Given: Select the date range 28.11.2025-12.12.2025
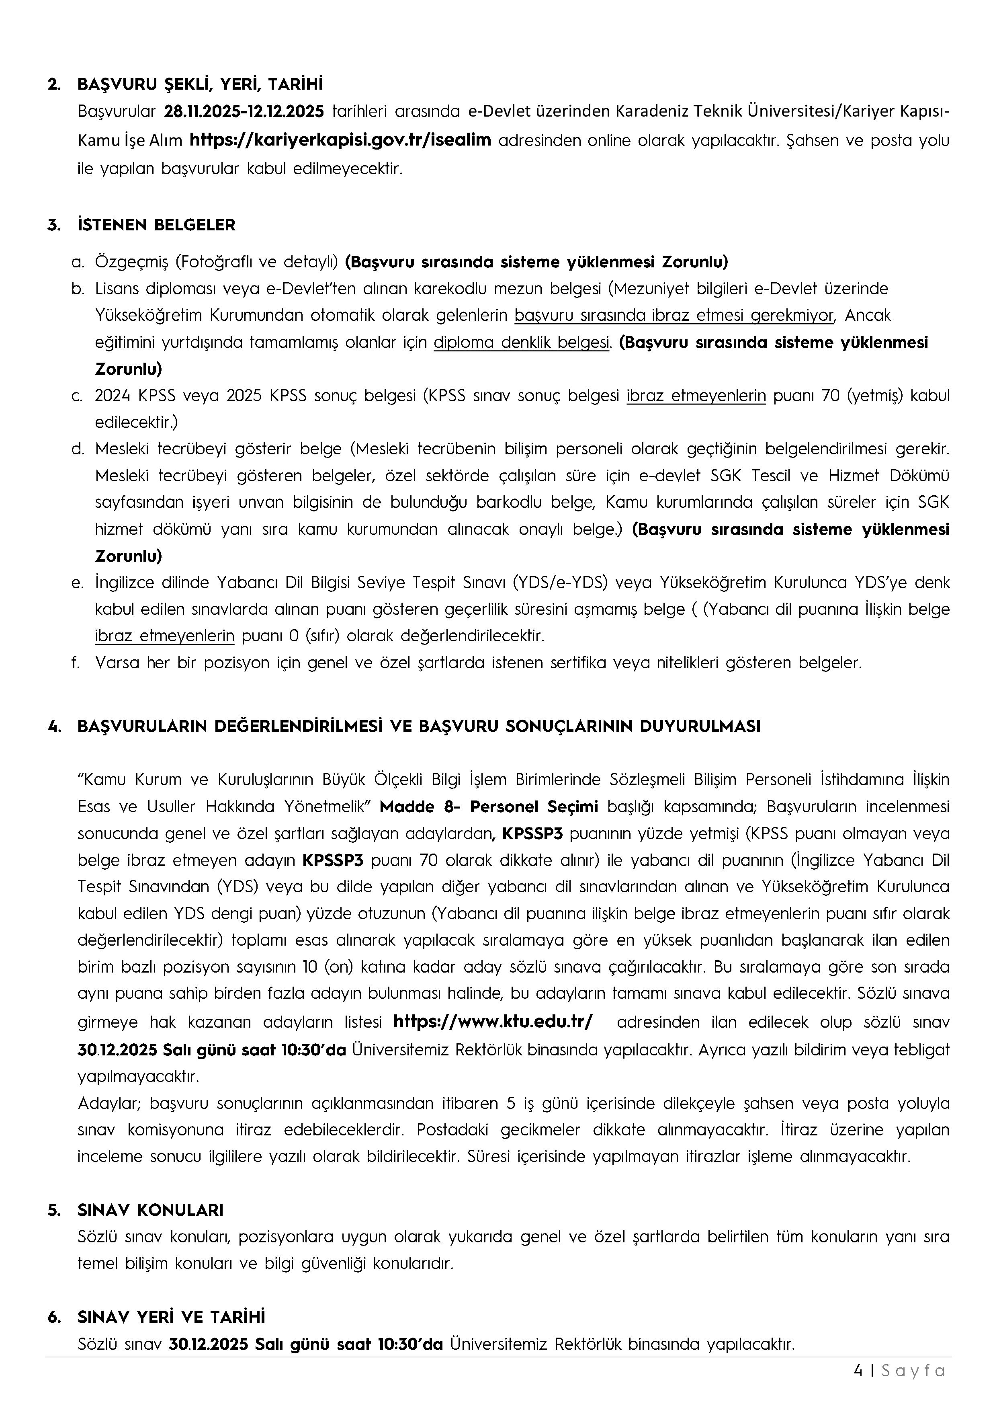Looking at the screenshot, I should click(244, 112).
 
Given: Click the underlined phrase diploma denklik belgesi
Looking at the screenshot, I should click(522, 342).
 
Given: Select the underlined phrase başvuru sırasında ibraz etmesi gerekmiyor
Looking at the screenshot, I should click(674, 315).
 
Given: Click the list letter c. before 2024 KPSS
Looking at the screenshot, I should click(77, 396).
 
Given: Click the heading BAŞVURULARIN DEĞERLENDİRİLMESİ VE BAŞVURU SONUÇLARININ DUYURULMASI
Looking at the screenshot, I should click(419, 727).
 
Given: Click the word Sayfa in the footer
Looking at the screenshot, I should click(913, 1371).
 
